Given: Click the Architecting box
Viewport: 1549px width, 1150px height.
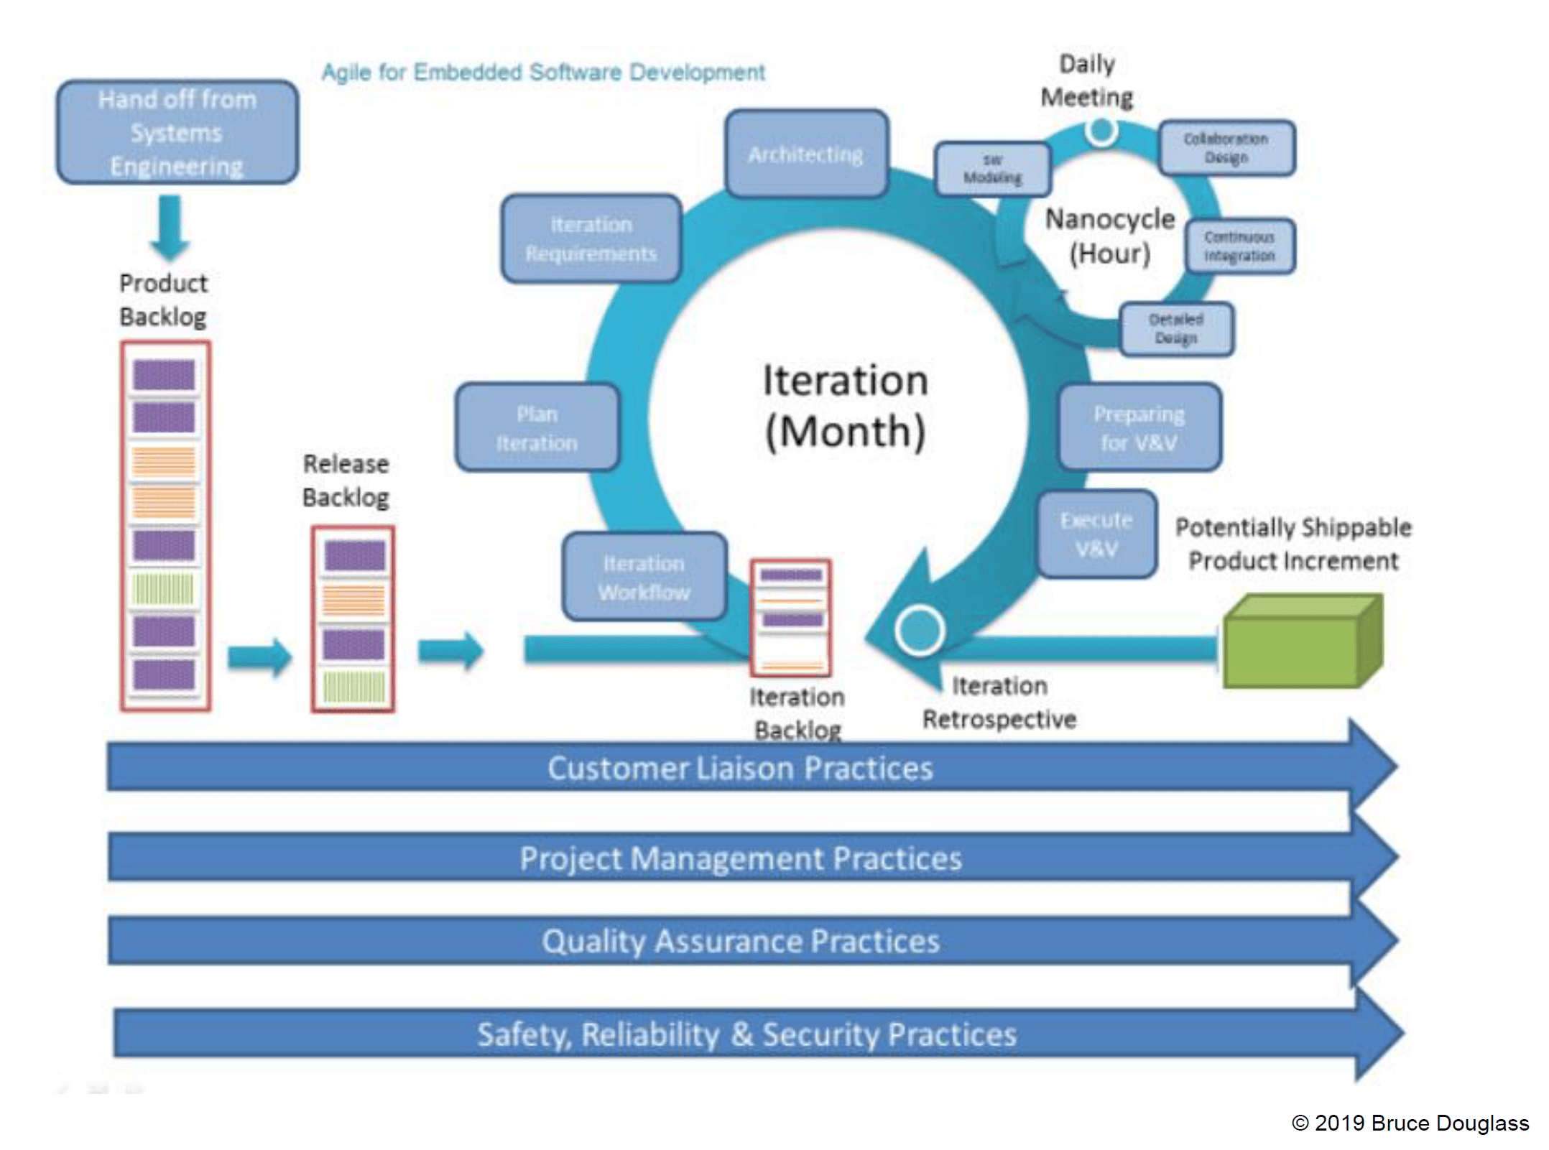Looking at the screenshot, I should [x=806, y=154].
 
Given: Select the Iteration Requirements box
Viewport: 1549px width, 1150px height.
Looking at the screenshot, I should [x=591, y=238].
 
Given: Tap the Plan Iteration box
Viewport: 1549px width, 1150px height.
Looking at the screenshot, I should [x=537, y=428].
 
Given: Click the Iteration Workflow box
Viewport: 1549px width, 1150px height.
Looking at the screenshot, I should [x=644, y=577].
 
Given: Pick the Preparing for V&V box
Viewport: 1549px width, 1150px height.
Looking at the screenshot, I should [x=1139, y=427].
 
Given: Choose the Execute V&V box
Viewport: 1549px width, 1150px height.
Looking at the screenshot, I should [x=1096, y=534].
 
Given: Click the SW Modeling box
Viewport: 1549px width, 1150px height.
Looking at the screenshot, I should [x=992, y=170].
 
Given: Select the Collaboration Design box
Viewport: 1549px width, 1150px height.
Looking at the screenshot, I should [x=1226, y=148].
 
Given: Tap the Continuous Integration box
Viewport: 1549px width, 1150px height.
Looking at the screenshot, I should [x=1239, y=246].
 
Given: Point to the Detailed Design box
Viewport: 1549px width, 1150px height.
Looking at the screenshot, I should [x=1176, y=329].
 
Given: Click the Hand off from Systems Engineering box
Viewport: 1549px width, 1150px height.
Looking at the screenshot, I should [x=177, y=133].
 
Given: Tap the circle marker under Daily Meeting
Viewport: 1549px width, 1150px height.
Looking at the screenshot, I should [x=1101, y=131].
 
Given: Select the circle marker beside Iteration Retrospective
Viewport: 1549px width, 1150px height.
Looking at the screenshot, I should [x=920, y=630].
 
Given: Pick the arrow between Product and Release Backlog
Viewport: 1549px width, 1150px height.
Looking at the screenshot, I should [x=259, y=656].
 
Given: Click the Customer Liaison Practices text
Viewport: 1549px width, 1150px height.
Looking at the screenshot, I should [x=740, y=768].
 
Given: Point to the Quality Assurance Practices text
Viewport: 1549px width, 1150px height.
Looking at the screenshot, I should [x=740, y=941].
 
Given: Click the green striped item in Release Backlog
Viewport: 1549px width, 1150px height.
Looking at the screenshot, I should [x=353, y=687].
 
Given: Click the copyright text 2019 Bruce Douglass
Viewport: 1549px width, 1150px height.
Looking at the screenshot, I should [x=1410, y=1123].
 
